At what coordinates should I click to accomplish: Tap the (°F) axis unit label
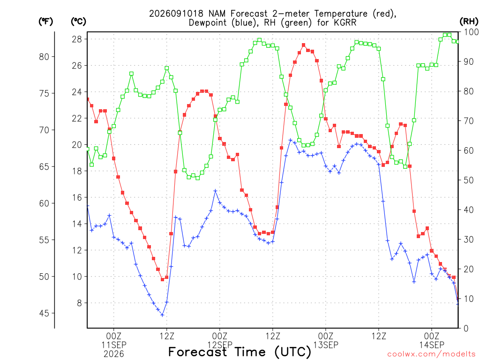45,22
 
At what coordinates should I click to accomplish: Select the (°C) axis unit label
78,22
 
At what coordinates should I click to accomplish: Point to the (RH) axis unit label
469,22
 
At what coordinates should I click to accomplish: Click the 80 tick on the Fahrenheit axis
44,57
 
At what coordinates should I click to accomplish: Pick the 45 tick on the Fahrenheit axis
44,313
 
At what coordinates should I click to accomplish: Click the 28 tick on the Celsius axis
77,39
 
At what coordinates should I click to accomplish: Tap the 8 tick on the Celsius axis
80,303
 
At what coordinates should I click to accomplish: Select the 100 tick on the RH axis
471,32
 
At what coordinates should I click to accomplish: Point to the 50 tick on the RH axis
469,180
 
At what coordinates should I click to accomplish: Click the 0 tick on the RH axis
466,329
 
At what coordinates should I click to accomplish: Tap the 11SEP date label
114,345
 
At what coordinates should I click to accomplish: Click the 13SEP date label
326,345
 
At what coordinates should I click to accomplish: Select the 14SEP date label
432,345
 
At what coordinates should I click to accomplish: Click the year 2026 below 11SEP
114,354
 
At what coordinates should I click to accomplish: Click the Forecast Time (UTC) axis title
240,352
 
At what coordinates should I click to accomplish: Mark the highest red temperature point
304,45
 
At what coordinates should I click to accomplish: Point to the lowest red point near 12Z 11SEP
163,279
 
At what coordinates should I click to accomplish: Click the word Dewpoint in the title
209,22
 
